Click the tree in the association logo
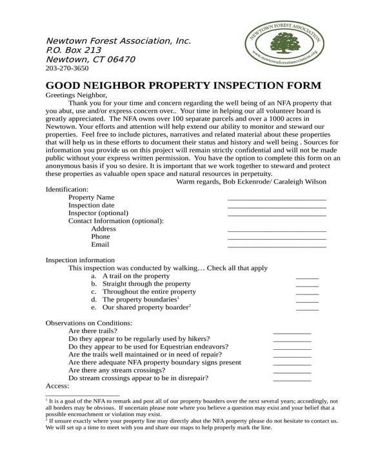tap(283, 43)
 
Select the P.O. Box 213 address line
tap(74, 50)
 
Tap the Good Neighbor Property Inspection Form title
tap(183, 86)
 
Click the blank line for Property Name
tap(277, 199)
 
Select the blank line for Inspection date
tap(277, 207)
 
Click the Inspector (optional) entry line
tap(277, 215)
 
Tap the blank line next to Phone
tap(277, 238)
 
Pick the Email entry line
tap(277, 246)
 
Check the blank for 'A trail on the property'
tap(307, 278)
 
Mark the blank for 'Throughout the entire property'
tap(307, 293)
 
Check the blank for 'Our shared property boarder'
tap(307, 309)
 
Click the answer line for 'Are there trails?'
tap(292, 332)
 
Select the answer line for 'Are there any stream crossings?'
tap(292, 372)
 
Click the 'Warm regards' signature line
tap(251, 182)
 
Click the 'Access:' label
tap(57, 386)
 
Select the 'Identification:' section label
tap(68, 189)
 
